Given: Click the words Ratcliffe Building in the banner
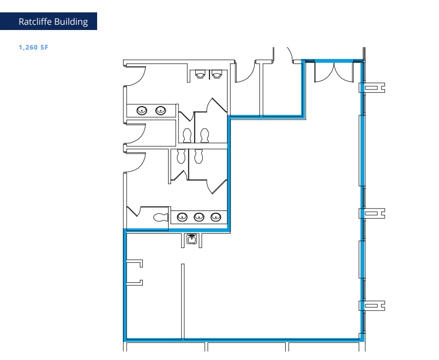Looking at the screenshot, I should [53, 22].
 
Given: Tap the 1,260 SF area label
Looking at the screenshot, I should [33, 48].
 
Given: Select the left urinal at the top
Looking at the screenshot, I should [200, 74].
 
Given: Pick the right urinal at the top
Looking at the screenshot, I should [217, 74].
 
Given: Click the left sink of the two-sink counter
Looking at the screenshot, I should [142, 110].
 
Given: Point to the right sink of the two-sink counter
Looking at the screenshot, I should [162, 110].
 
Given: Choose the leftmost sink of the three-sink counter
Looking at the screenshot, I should [182, 217].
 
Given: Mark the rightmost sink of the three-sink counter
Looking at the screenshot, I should [216, 217].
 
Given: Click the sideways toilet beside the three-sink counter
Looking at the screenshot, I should [160, 218].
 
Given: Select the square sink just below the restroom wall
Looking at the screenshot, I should [191, 239].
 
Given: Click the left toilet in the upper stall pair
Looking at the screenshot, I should [187, 135].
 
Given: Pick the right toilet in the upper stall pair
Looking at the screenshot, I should [205, 135].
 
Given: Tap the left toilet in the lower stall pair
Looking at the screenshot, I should [181, 156].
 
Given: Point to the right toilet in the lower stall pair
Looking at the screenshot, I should [198, 156].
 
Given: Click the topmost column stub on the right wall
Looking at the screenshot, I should [372, 88].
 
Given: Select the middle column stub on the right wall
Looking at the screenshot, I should [372, 213].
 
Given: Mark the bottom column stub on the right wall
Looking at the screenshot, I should [372, 306].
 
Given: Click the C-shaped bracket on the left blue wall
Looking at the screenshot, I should [135, 272].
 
